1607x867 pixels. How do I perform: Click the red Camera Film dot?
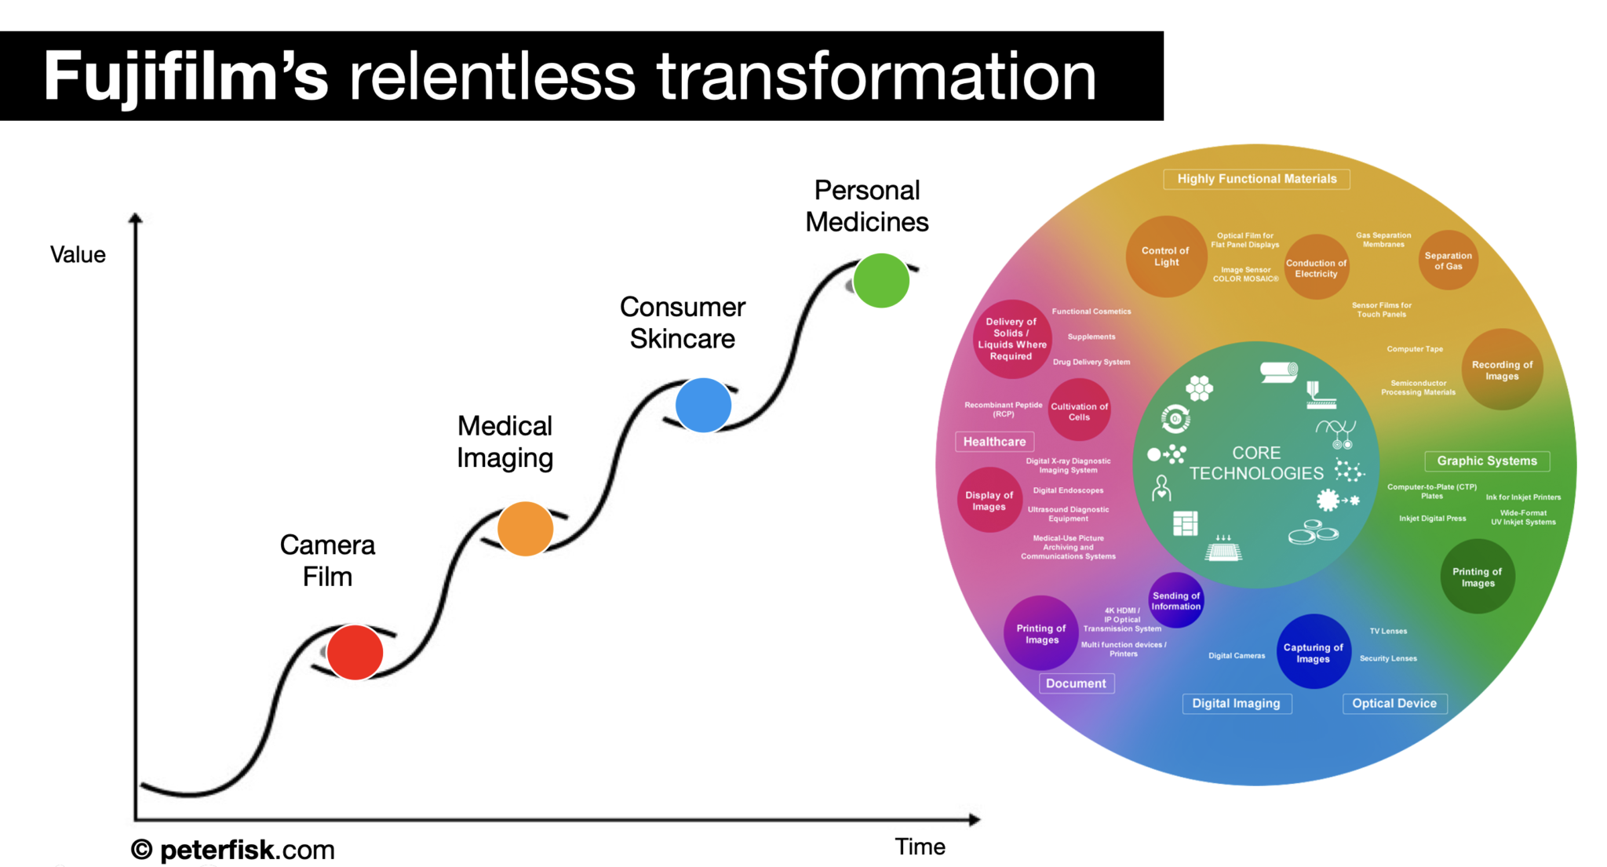tap(355, 652)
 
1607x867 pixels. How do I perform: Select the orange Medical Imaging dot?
tap(525, 529)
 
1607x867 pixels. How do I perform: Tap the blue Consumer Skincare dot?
tap(703, 405)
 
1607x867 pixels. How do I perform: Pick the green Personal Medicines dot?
tap(880, 280)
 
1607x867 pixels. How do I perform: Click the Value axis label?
tap(78, 254)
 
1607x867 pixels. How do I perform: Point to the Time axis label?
tap(920, 847)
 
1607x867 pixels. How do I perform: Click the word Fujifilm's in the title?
tap(185, 76)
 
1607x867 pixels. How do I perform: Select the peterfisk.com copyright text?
tap(233, 850)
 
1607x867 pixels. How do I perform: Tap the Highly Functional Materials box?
tap(1256, 179)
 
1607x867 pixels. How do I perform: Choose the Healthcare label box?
tap(994, 442)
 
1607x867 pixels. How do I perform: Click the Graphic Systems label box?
tap(1486, 461)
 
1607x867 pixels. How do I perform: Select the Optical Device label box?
tap(1394, 703)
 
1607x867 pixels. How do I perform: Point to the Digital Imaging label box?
tap(1236, 703)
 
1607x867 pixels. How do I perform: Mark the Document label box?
tap(1076, 683)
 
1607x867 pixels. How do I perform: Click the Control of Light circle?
tap(1165, 257)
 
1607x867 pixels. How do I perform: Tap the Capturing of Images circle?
tap(1313, 653)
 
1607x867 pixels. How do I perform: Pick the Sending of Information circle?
tap(1175, 601)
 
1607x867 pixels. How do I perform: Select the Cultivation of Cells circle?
tap(1079, 411)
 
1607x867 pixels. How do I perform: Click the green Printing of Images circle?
tap(1477, 577)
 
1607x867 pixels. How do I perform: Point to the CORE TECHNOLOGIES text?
tap(1256, 463)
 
